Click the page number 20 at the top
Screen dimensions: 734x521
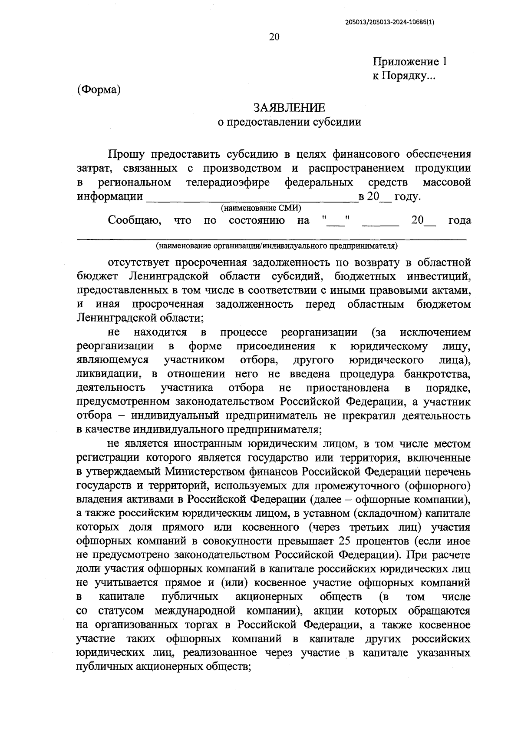click(x=274, y=37)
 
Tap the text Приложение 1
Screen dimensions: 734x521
click(x=409, y=61)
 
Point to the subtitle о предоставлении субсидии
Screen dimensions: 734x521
click(x=289, y=122)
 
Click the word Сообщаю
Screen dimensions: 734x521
click(x=135, y=220)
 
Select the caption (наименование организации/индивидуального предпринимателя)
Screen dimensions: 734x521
click(x=277, y=246)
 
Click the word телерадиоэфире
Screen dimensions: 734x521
click(x=228, y=182)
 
